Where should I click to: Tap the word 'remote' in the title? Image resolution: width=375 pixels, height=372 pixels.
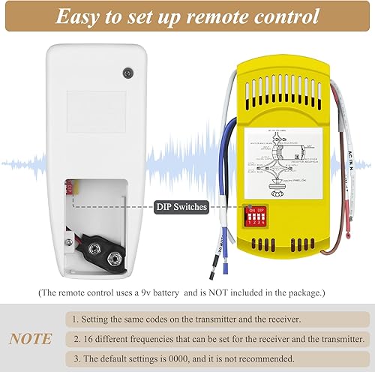[226, 16]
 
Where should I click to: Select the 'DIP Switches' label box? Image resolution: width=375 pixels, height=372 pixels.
[181, 207]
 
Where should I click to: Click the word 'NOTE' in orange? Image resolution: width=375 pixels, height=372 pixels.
[31, 339]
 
